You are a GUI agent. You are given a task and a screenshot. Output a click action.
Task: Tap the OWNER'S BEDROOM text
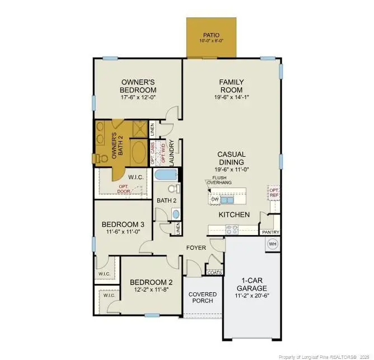pyautogui.click(x=138, y=85)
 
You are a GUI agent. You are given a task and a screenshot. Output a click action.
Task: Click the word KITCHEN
pyautogui.click(x=233, y=214)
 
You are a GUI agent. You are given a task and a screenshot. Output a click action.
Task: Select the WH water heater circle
pyautogui.click(x=273, y=244)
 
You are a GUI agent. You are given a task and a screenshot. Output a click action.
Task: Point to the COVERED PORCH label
pyautogui.click(x=202, y=297)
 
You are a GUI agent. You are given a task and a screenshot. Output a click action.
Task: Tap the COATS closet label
pyautogui.click(x=214, y=272)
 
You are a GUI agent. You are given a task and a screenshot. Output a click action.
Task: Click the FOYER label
pyautogui.click(x=197, y=247)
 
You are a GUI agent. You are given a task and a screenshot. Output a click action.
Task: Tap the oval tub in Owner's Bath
pyautogui.click(x=138, y=152)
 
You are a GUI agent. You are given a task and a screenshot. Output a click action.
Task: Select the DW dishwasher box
pyautogui.click(x=214, y=199)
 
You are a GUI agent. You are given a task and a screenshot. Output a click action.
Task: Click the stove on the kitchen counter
pyautogui.click(x=231, y=229)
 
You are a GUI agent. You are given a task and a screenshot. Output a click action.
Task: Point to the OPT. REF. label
pyautogui.click(x=274, y=193)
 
